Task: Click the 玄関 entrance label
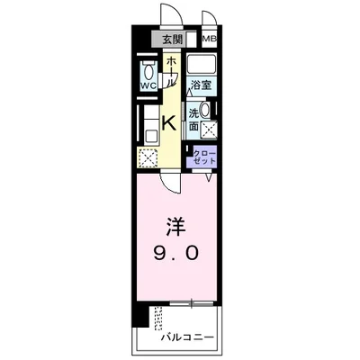tap(173, 40)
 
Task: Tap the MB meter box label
tap(208, 40)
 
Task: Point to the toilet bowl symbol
tap(148, 71)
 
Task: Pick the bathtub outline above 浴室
tap(201, 66)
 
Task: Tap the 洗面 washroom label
tap(193, 118)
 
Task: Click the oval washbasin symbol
tap(207, 111)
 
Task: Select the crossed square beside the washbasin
tap(208, 130)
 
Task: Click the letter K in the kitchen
tap(168, 124)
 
